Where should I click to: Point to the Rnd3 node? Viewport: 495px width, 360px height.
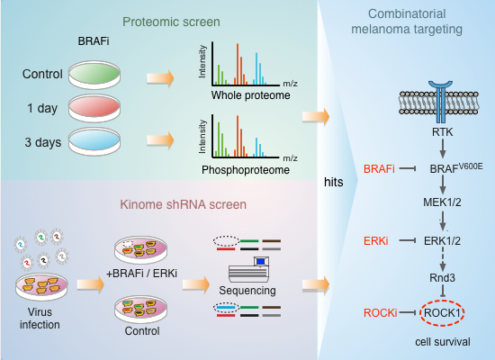coord(442,277)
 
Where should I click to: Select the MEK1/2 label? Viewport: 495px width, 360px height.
coord(442,205)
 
